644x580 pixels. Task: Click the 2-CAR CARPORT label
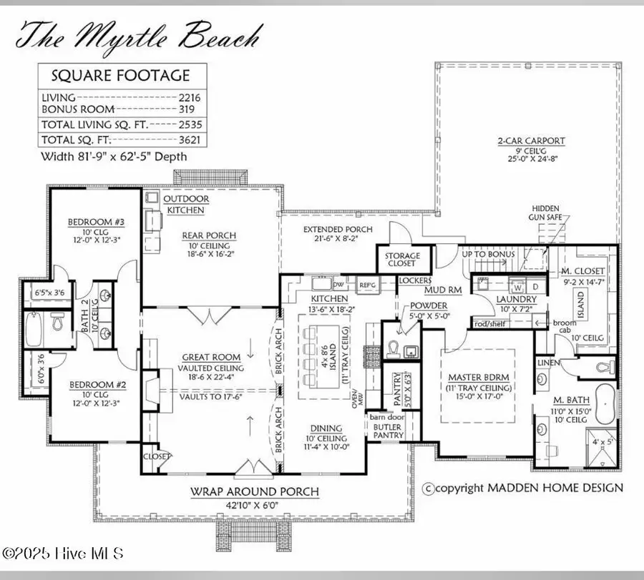[x=532, y=141]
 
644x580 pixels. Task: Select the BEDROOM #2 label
[x=98, y=384]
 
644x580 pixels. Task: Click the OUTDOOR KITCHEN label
[x=186, y=205]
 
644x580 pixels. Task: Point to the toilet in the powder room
[x=394, y=348]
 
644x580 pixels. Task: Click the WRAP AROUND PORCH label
[x=254, y=492]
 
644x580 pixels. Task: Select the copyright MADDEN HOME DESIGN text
[x=523, y=488]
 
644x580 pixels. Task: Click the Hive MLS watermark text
[x=63, y=554]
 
